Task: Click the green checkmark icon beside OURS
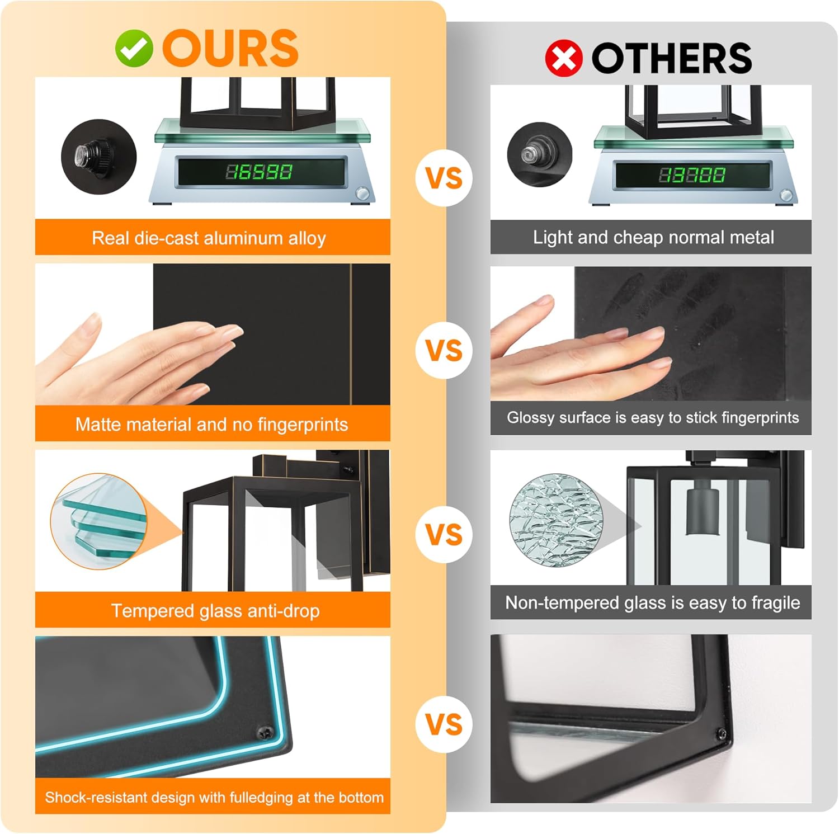point(134,48)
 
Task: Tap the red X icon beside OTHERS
point(564,58)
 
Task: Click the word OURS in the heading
point(230,48)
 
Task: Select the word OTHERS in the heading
point(671,58)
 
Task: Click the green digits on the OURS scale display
point(258,172)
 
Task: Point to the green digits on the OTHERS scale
point(692,175)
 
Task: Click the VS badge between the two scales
point(445,177)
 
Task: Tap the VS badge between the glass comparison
point(445,534)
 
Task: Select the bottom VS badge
point(445,724)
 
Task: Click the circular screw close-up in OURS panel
point(98,156)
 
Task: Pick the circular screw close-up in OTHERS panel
point(540,154)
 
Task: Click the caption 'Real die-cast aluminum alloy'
point(209,238)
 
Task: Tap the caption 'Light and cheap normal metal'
point(653,237)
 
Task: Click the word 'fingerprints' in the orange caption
point(303,425)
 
